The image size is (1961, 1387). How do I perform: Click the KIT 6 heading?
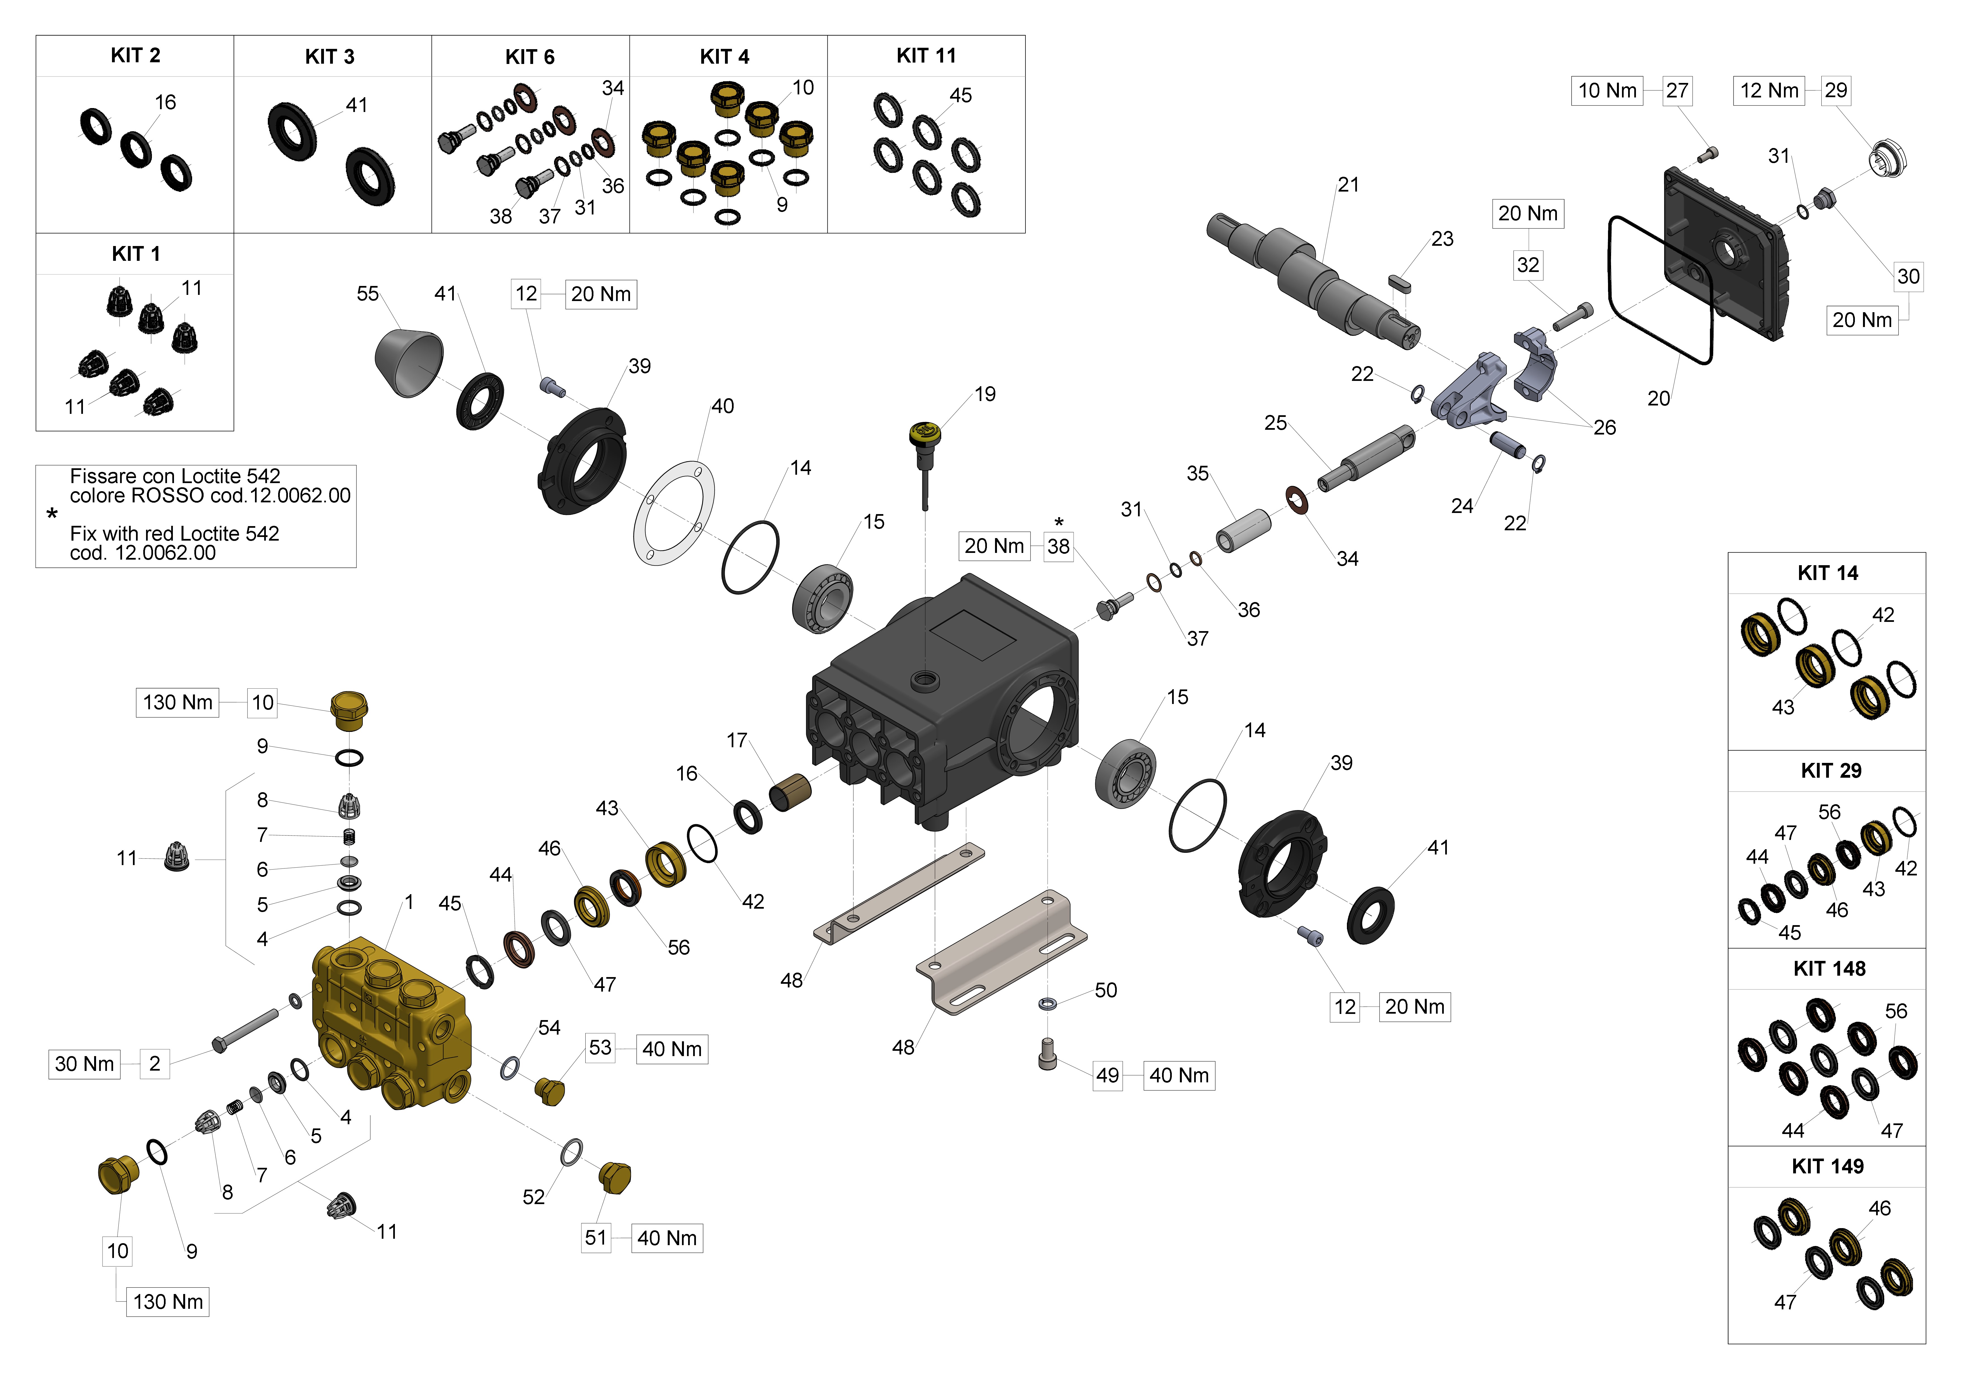click(529, 57)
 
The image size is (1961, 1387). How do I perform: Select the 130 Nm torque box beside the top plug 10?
click(178, 703)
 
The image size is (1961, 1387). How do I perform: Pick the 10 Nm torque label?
click(1607, 90)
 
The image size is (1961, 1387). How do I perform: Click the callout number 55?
click(367, 294)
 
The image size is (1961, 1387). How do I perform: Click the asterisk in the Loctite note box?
click(52, 514)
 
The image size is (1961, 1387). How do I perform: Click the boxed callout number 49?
click(1107, 1075)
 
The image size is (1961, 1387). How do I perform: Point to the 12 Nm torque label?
click(1769, 90)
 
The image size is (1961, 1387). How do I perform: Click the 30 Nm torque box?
click(84, 1064)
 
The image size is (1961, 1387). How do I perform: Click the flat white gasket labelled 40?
click(674, 512)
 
